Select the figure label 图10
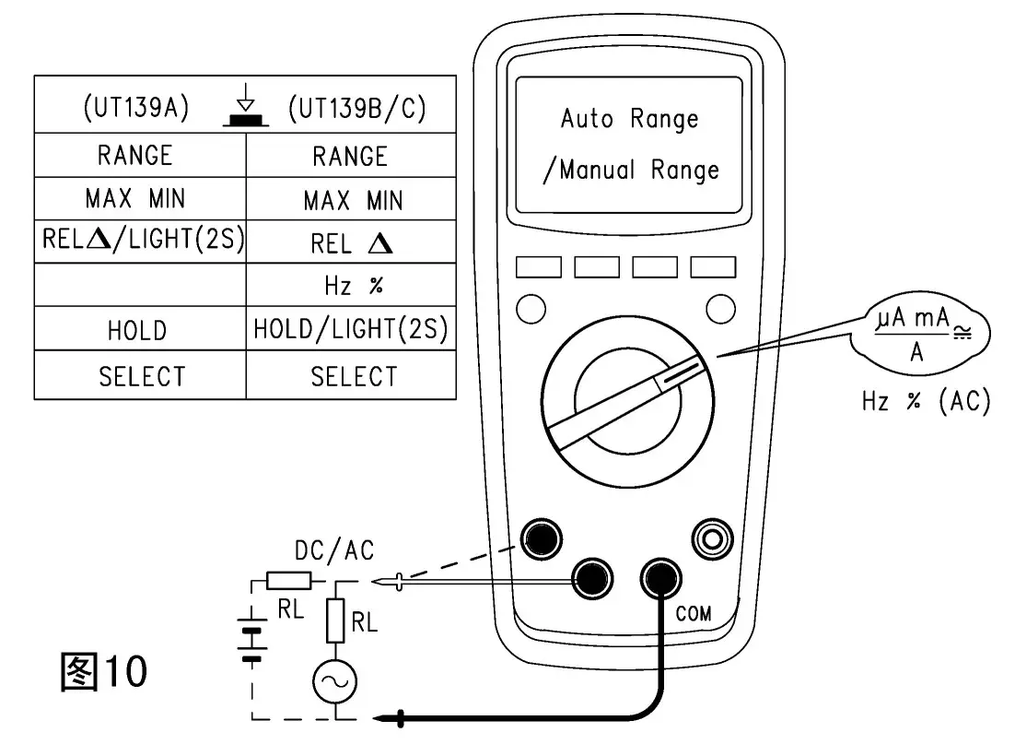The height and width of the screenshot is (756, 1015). coord(102,672)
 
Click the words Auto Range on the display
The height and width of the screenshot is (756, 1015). coord(629,119)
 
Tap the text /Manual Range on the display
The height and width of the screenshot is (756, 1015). coord(630,171)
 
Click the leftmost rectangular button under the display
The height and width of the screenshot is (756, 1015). coord(538,267)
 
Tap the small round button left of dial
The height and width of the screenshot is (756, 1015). coord(531,307)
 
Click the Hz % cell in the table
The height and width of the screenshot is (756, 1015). coord(351,286)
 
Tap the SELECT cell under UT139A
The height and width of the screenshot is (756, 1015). coord(141,376)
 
